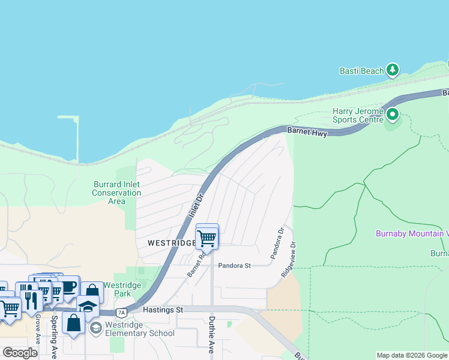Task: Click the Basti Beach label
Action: [x=361, y=71]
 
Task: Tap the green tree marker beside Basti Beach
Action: [x=393, y=70]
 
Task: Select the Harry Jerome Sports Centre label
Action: [x=358, y=115]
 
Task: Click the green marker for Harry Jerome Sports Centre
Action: [x=393, y=113]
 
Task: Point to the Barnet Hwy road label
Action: [x=307, y=131]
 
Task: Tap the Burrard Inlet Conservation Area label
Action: [x=116, y=193]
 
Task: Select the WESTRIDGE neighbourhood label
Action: [x=171, y=243]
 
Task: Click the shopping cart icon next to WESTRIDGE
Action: [x=207, y=237]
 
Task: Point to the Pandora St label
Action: [x=234, y=265]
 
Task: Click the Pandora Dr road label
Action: [x=277, y=243]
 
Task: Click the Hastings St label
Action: [x=163, y=310]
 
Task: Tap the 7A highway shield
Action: [x=122, y=312]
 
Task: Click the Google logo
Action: [x=20, y=352]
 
